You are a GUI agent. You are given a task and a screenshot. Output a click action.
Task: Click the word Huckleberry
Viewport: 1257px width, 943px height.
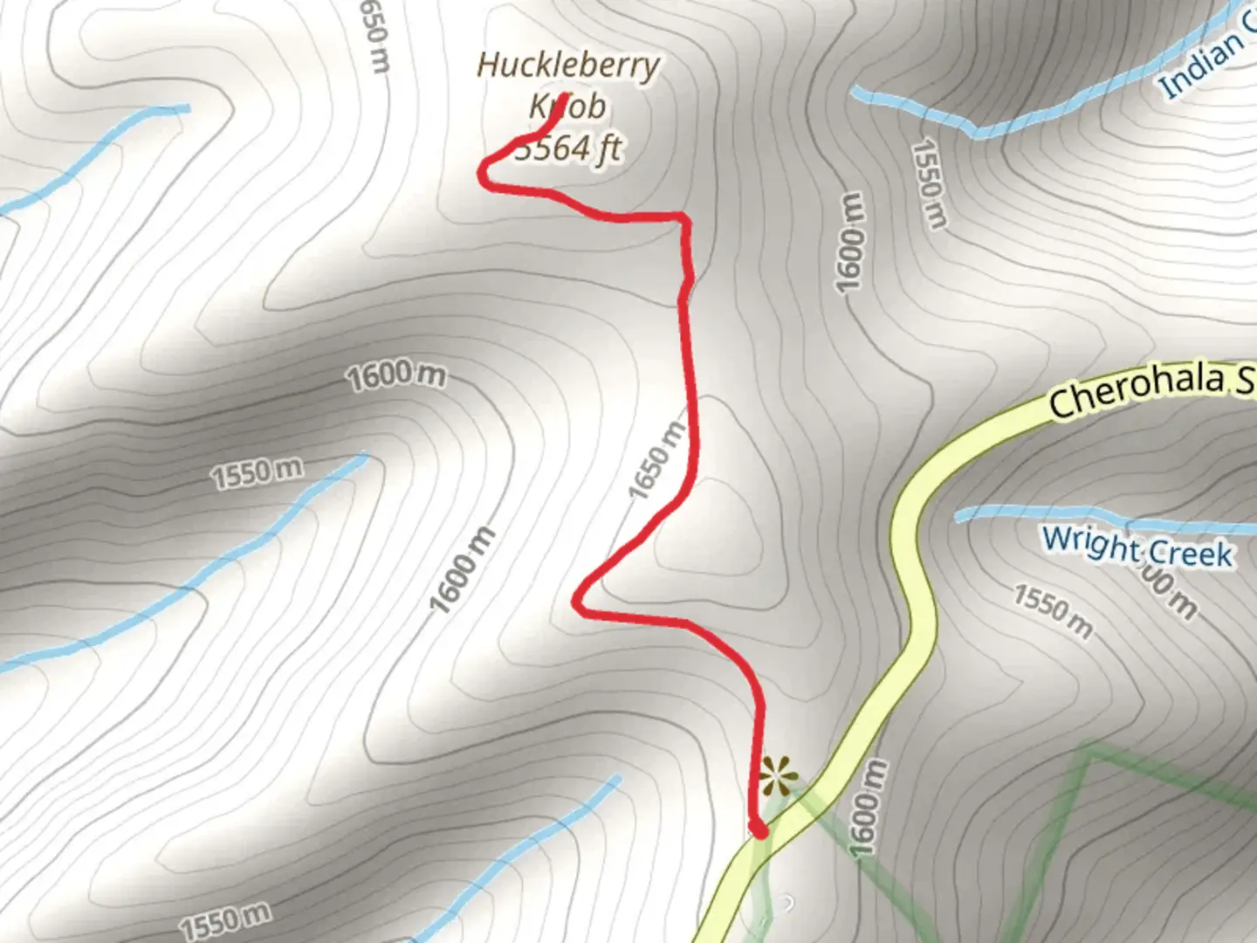(568, 65)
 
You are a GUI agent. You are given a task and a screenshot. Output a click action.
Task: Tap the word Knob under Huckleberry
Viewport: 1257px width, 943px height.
(568, 107)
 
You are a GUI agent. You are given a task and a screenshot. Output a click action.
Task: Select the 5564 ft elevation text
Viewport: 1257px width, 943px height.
(568, 148)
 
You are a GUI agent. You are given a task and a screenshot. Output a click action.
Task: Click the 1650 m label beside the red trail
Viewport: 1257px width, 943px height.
(657, 460)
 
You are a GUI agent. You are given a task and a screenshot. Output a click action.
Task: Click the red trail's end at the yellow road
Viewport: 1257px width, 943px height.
(760, 830)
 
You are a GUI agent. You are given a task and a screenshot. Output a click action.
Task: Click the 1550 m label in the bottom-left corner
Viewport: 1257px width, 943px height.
(225, 921)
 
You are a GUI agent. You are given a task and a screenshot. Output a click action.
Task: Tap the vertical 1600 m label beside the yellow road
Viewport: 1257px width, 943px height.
(867, 808)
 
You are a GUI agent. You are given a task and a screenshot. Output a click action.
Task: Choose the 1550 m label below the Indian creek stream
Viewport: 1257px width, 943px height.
(929, 183)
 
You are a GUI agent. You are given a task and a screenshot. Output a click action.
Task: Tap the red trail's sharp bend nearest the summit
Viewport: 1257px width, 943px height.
(483, 173)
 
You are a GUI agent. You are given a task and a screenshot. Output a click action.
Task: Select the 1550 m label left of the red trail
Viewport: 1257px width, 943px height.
(258, 472)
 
